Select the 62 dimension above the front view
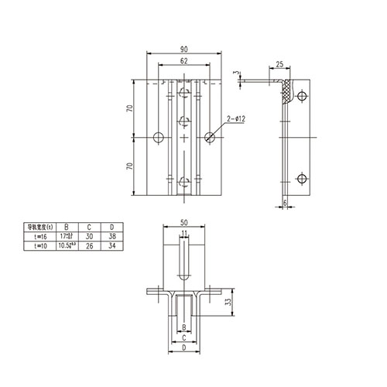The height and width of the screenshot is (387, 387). (x=183, y=61)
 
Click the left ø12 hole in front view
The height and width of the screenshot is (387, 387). (x=158, y=137)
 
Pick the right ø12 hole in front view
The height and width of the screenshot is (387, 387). (x=210, y=137)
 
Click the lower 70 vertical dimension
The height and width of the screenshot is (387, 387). (x=133, y=166)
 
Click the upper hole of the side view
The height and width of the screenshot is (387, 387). (x=303, y=99)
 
